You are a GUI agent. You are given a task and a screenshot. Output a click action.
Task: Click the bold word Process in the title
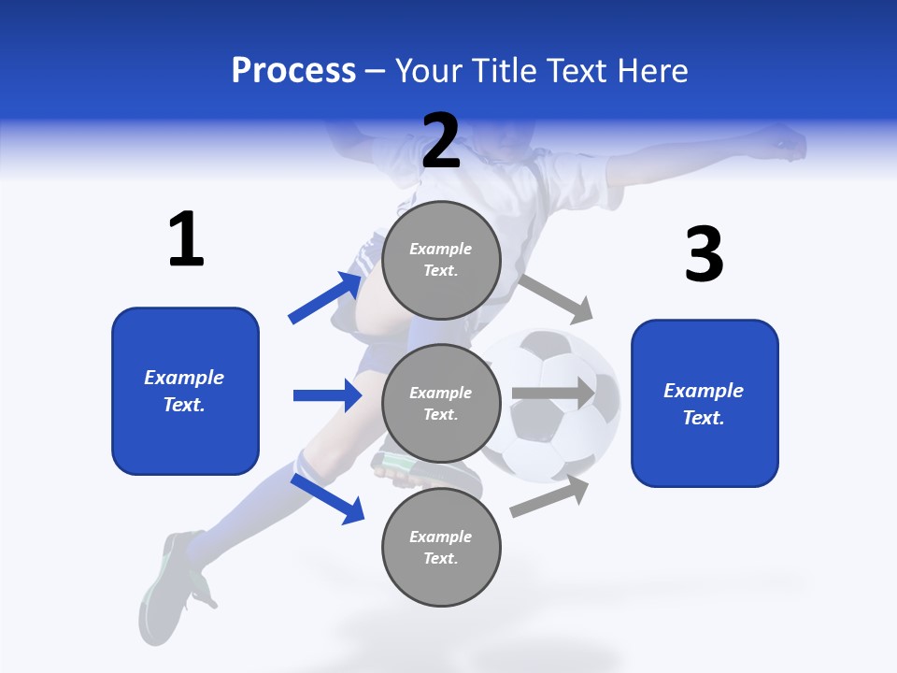293,70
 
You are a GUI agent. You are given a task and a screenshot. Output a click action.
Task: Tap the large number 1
186,240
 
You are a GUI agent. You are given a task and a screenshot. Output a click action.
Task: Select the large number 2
441,141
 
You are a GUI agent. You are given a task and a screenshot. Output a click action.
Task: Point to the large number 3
704,254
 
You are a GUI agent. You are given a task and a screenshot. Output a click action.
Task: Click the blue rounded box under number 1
185,391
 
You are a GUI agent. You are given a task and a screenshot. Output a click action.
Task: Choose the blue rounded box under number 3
705,403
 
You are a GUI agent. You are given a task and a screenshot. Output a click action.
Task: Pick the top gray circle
441,259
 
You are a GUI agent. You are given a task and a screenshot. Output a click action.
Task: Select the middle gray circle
441,403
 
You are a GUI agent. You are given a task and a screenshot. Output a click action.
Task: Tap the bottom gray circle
441,547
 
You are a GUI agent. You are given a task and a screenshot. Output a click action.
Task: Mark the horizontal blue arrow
327,395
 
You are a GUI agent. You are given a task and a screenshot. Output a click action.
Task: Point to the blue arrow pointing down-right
327,497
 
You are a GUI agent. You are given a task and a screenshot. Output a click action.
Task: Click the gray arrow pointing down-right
557,297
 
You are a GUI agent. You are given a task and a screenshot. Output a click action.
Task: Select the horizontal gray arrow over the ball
553,394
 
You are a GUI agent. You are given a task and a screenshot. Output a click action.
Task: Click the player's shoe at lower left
170,580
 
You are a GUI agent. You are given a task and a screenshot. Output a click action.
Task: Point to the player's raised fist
787,142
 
